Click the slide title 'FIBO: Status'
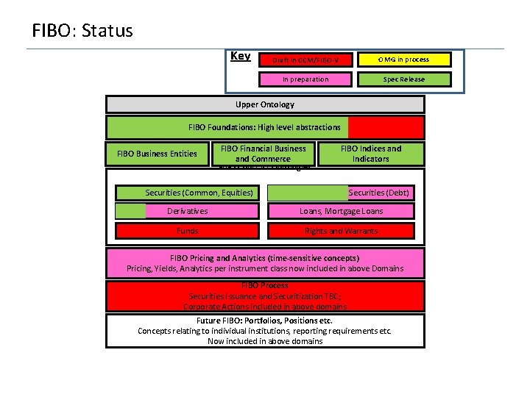pyautogui.click(x=82, y=31)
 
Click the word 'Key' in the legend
pyautogui.click(x=240, y=57)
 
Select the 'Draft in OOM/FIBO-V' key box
pyautogui.click(x=305, y=60)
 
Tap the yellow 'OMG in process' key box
pyautogui.click(x=403, y=60)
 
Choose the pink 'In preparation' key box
pyautogui.click(x=305, y=79)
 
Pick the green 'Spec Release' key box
pyautogui.click(x=403, y=79)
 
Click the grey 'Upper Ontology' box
pyautogui.click(x=265, y=104)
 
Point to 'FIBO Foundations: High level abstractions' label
pyautogui.click(x=264, y=127)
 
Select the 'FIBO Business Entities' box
pyautogui.click(x=157, y=154)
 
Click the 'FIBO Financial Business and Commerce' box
pyautogui.click(x=263, y=154)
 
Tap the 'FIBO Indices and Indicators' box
pyautogui.click(x=371, y=154)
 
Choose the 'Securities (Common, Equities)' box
pyautogui.click(x=199, y=193)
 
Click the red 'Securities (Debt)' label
pyautogui.click(x=379, y=193)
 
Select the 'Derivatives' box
pyautogui.click(x=187, y=211)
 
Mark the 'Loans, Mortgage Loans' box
pyautogui.click(x=341, y=211)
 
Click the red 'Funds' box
pyautogui.click(x=187, y=231)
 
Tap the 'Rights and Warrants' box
pyautogui.click(x=341, y=231)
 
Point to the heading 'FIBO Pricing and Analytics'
pyautogui.click(x=264, y=258)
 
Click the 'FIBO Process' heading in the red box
pyautogui.click(x=265, y=285)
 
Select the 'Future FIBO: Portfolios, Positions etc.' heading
pyautogui.click(x=264, y=321)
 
